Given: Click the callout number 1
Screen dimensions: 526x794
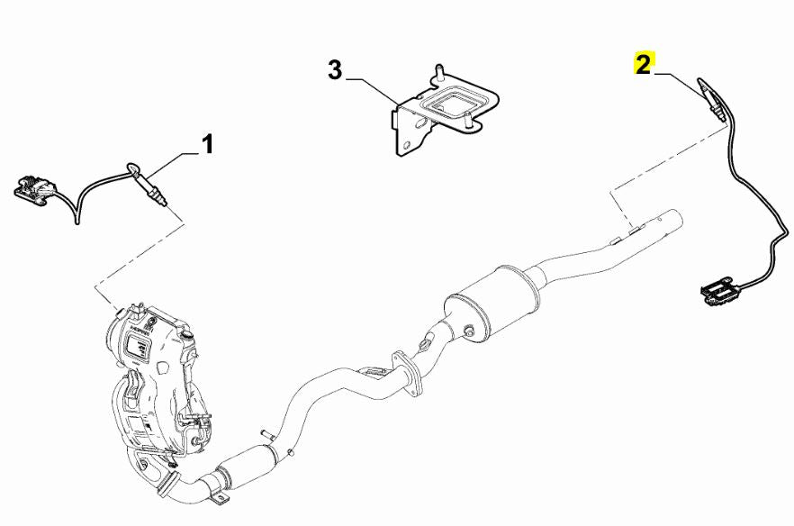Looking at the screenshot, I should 207,143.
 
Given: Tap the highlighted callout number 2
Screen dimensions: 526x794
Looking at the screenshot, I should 642,64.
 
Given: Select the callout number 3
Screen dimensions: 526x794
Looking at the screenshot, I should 335,70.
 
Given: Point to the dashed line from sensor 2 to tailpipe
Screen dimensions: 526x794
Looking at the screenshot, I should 671,162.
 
